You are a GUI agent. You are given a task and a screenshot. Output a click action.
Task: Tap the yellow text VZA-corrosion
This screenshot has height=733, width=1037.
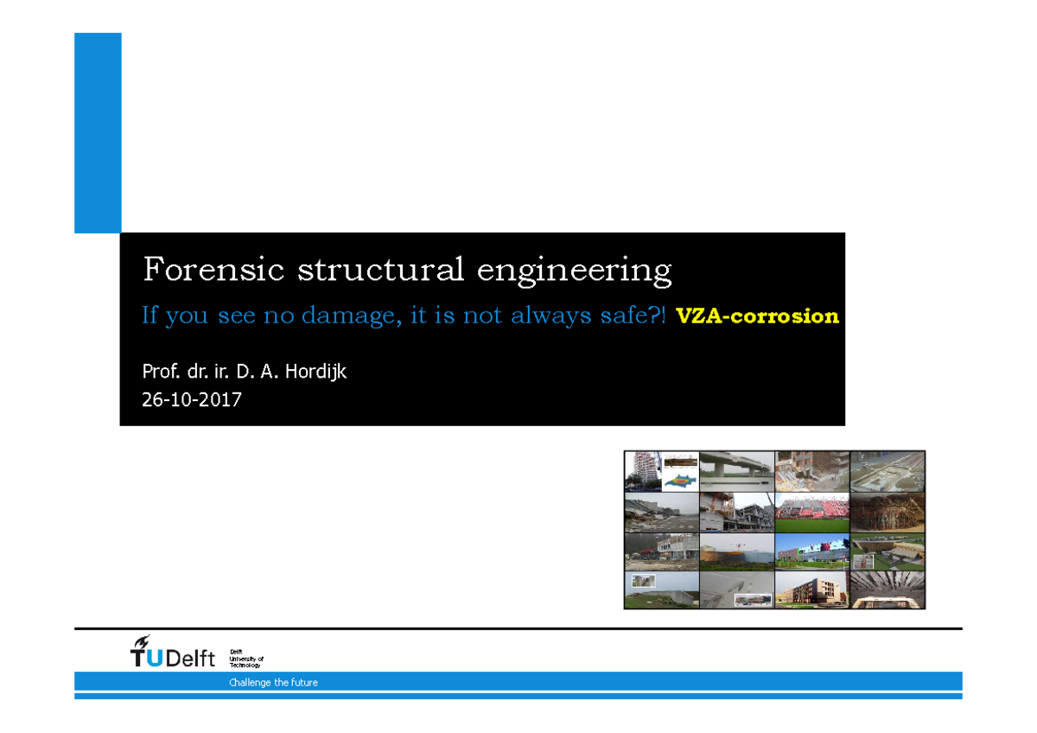757,316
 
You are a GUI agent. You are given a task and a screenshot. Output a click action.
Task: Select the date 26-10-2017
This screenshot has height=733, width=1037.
192,399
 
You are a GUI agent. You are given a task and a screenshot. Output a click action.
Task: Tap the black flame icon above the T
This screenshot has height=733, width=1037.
140,642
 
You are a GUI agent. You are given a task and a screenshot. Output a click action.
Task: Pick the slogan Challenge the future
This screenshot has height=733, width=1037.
273,683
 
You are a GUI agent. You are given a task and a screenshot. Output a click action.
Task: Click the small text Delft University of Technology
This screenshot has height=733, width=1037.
245,659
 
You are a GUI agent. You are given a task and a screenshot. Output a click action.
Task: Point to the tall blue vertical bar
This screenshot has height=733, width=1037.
98,133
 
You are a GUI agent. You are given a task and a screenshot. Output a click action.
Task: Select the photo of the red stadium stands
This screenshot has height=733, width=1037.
812,512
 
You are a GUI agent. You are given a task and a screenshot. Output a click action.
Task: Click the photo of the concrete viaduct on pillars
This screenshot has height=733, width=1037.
736,471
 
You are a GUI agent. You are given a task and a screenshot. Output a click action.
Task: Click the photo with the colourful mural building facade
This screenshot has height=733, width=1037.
812,551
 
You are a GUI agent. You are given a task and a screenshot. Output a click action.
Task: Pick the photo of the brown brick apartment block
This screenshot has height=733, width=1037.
812,590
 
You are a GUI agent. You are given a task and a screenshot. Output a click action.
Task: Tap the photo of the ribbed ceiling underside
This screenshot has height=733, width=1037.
887,590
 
